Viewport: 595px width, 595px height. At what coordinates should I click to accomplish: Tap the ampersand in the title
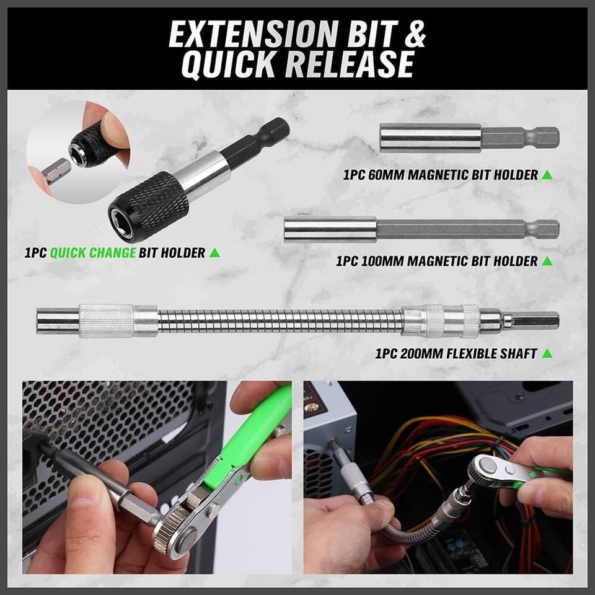click(413, 35)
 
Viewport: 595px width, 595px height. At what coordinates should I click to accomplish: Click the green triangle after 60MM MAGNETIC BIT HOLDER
click(547, 175)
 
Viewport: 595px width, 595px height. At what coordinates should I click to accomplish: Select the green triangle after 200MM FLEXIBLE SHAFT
click(547, 354)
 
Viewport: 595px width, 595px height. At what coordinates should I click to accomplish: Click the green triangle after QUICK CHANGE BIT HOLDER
click(214, 253)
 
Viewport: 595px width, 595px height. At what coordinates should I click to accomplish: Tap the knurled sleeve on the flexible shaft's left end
click(106, 321)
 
